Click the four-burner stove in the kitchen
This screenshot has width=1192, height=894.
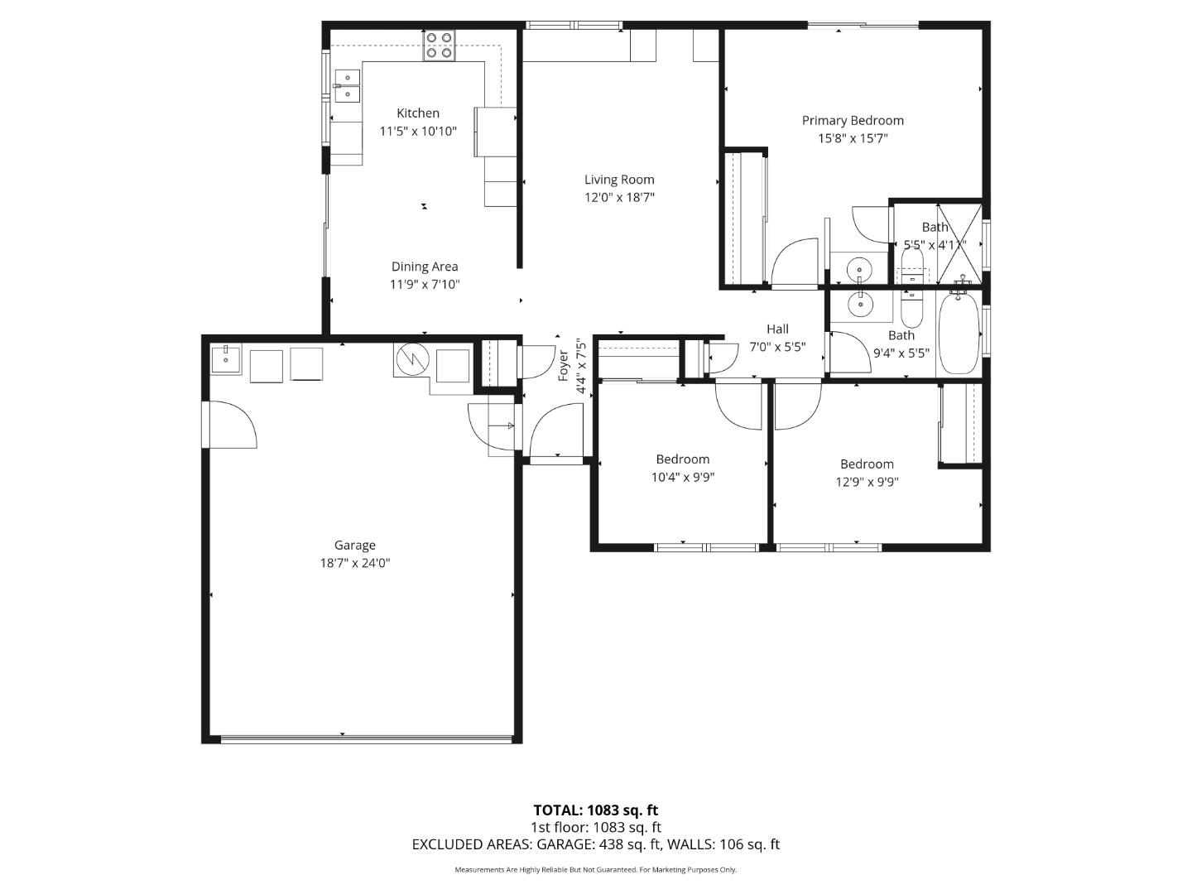pos(439,46)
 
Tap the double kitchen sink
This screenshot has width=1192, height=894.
pos(347,85)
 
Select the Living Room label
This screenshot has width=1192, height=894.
pos(619,180)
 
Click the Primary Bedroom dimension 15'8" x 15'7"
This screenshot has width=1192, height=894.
pos(853,138)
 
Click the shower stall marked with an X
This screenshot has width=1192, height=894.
pos(959,242)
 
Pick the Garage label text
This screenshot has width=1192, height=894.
pos(354,545)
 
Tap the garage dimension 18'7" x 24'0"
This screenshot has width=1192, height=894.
pos(354,563)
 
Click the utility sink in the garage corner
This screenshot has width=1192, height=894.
pos(225,361)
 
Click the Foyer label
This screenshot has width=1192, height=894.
pos(564,365)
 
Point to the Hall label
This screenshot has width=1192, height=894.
pos(777,329)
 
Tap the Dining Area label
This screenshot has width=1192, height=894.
pos(425,267)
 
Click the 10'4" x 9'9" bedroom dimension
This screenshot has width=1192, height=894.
pos(683,477)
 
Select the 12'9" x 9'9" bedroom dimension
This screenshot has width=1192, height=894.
pos(867,482)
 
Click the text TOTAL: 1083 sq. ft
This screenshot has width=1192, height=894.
pos(595,810)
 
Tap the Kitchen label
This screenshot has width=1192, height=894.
pos(418,113)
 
